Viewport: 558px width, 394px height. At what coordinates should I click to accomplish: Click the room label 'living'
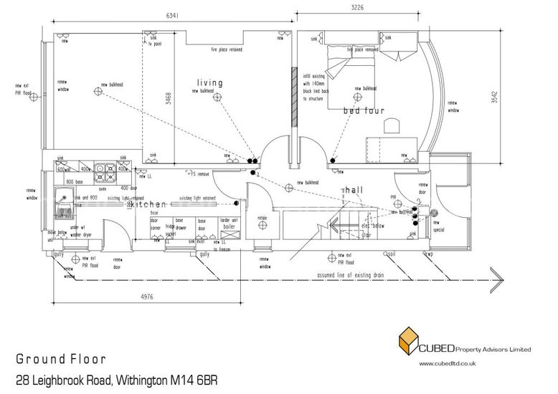tap(209, 83)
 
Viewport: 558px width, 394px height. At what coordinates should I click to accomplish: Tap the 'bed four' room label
tap(364, 111)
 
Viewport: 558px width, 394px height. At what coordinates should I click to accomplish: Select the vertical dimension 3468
tap(168, 97)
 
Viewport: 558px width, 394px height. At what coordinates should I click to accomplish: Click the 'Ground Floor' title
tap(62, 358)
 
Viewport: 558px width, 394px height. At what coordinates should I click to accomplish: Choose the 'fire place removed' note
tap(362, 50)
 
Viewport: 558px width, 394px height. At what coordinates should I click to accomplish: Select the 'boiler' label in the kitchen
tap(229, 226)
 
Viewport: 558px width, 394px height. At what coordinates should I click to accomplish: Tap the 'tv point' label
tap(154, 44)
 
